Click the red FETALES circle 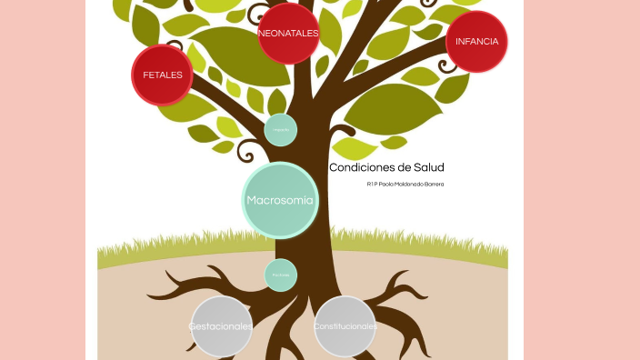click(x=163, y=75)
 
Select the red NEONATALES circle click(x=288, y=34)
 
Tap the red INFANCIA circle click(x=477, y=42)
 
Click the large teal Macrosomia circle click(x=280, y=200)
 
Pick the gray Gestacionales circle click(x=221, y=326)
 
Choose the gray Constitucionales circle click(x=345, y=325)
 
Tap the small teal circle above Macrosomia click(x=281, y=130)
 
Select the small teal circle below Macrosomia click(x=281, y=275)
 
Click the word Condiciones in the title click(x=362, y=168)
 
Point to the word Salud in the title click(x=429, y=168)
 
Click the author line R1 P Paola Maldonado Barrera click(x=405, y=185)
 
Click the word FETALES click(x=163, y=75)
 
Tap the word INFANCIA click(x=477, y=42)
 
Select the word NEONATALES click(x=288, y=34)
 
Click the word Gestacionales click(x=221, y=326)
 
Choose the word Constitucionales click(x=345, y=326)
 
